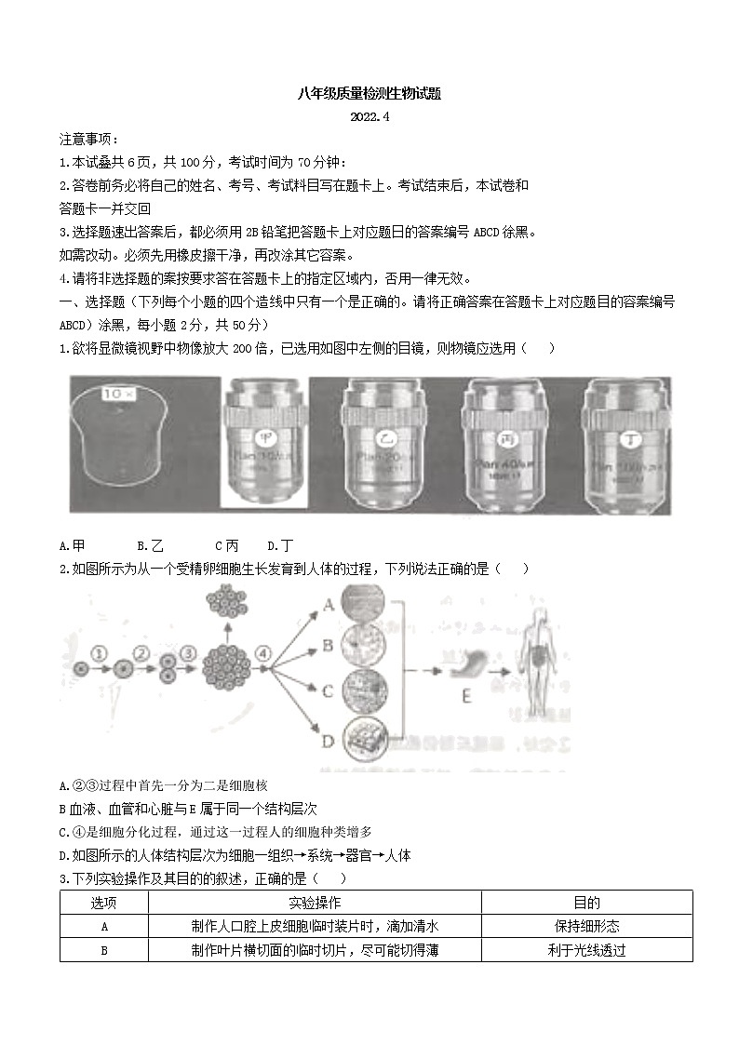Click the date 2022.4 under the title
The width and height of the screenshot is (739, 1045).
[369, 116]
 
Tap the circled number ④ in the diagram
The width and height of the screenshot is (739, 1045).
[263, 654]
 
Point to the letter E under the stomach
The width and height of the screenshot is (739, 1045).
[467, 694]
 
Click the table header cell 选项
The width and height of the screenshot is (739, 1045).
[104, 903]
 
